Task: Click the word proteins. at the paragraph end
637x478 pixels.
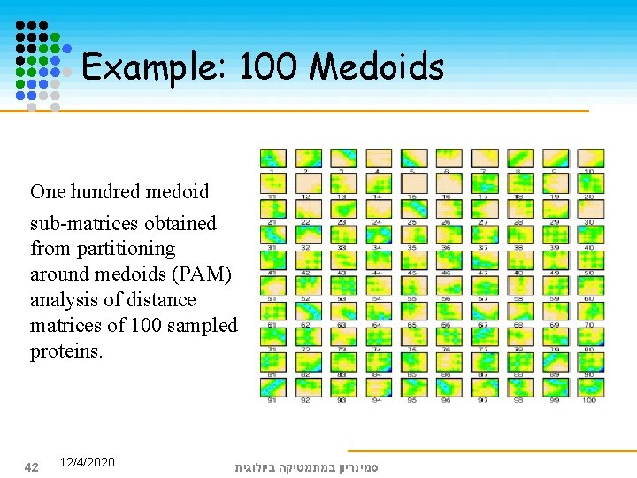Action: [66, 351]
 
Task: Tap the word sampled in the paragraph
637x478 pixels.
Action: [206, 326]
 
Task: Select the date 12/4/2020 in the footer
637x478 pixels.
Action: [88, 462]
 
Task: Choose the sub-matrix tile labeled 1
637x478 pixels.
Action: [272, 158]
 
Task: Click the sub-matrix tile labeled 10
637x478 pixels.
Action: [590, 158]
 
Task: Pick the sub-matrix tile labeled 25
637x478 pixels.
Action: [413, 210]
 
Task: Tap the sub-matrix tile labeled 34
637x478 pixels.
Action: [378, 235]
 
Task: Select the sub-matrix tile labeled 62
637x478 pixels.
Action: [307, 312]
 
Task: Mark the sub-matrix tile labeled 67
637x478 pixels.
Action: [484, 312]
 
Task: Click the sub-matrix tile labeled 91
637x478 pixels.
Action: [272, 388]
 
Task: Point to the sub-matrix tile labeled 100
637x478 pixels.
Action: [590, 388]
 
